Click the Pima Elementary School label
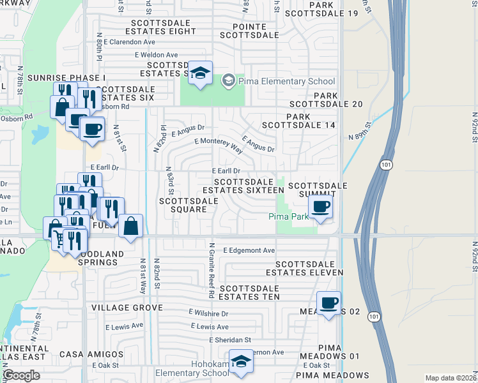[x=286, y=81]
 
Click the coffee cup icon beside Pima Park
[x=320, y=206]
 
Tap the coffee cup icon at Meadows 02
[x=328, y=303]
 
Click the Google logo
[x=22, y=375]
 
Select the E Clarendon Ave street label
[x=132, y=41]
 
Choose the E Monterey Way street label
[x=219, y=145]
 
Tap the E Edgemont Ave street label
[x=249, y=250]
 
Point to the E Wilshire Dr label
[x=208, y=313]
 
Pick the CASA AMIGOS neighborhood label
[x=91, y=354]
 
